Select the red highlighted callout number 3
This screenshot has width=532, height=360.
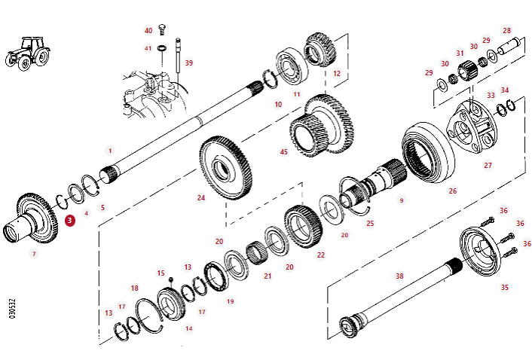click(69, 221)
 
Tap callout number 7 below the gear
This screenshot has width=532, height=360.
click(33, 254)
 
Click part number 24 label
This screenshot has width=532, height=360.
click(201, 198)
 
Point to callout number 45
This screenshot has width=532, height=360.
click(284, 151)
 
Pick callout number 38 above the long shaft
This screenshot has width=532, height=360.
click(399, 276)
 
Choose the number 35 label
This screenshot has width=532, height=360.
click(504, 287)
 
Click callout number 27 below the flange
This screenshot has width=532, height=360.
click(488, 165)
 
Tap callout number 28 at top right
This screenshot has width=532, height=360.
click(506, 31)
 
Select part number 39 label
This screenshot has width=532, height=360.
click(188, 63)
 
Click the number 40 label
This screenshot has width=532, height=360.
click(148, 30)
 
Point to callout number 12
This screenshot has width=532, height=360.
click(337, 74)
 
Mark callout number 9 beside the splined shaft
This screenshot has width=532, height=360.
click(402, 200)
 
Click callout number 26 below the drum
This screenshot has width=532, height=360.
click(452, 191)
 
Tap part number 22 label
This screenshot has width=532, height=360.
click(321, 255)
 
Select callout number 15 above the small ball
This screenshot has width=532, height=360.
click(161, 273)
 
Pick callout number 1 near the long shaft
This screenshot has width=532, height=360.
click(110, 150)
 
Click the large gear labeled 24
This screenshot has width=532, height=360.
click(226, 167)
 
